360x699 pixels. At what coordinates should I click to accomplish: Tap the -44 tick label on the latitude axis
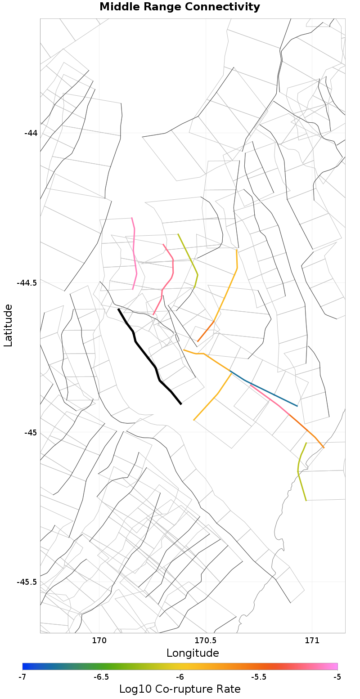click(x=31, y=133)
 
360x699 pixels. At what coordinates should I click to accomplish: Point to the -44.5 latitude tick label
click(x=27, y=283)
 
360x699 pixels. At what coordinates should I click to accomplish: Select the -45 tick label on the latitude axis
click(x=31, y=433)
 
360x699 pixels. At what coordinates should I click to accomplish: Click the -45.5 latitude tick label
click(x=27, y=582)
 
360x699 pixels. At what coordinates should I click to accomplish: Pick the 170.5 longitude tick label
click(x=206, y=640)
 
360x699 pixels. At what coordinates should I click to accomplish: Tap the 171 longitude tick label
click(x=312, y=640)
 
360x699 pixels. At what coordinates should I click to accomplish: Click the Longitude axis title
click(x=193, y=653)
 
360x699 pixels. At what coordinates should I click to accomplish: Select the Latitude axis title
click(x=8, y=325)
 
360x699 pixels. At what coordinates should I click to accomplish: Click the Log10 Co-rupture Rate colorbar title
click(x=180, y=689)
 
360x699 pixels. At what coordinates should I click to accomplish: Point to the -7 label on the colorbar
click(x=22, y=677)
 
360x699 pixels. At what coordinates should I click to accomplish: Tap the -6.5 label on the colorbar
click(x=101, y=677)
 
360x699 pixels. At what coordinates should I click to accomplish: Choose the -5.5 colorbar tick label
click(x=258, y=677)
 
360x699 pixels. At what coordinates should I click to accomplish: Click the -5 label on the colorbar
click(x=337, y=677)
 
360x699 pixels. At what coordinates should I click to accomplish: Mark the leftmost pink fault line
click(x=134, y=252)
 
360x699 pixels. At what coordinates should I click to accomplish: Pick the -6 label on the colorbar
click(x=180, y=677)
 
